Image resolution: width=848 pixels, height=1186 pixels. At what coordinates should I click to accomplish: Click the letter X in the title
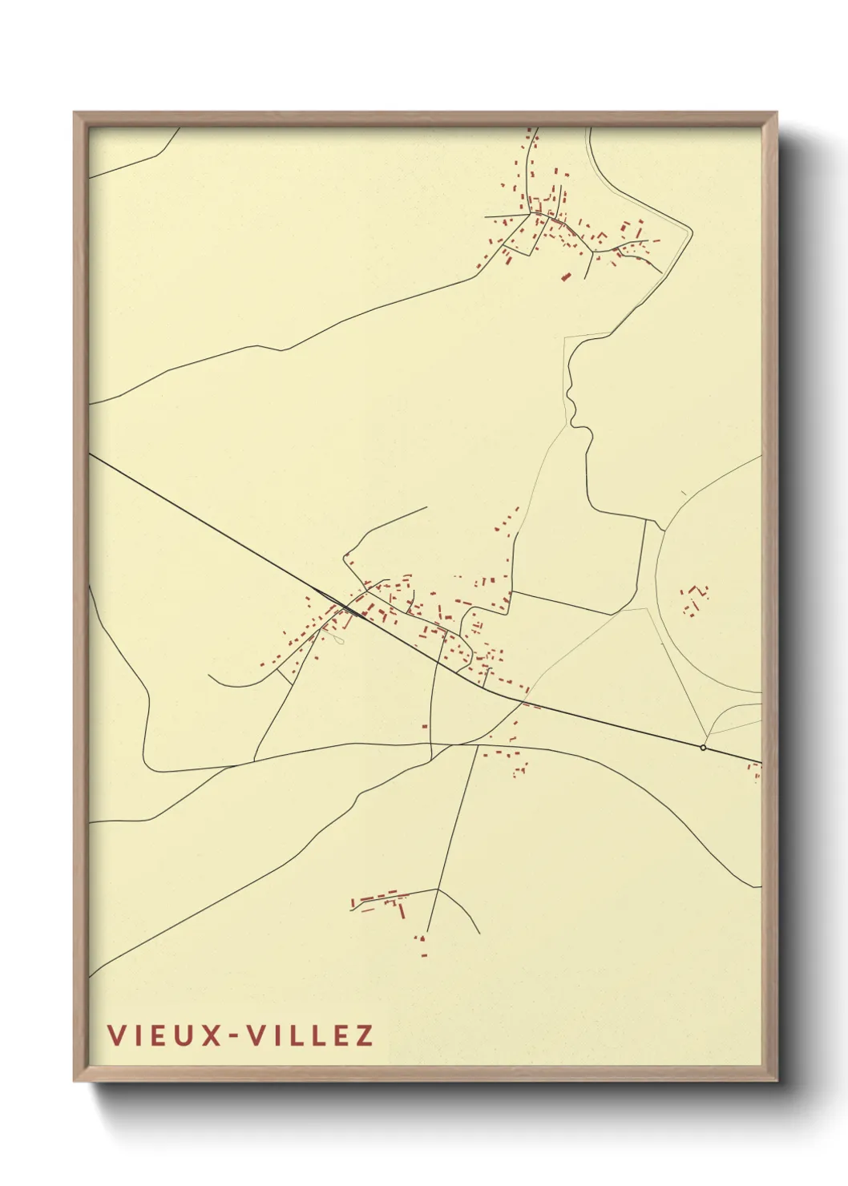pos(210,1035)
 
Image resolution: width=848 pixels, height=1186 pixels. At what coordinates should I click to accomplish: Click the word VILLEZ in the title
pos(309,1035)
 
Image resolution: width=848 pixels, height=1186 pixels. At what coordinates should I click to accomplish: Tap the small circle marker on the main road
pos(703,748)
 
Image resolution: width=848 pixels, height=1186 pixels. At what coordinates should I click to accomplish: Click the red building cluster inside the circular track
pos(693,599)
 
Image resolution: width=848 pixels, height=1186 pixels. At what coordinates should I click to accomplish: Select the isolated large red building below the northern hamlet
pos(566,276)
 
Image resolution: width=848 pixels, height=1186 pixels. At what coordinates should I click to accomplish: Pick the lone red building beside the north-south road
pos(425,727)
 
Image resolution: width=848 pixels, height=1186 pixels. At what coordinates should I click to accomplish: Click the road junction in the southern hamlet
pos(436,889)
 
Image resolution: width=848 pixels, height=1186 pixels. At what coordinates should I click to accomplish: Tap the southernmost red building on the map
pos(424,954)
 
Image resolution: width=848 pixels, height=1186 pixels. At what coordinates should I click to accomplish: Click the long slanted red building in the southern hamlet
pos(402,910)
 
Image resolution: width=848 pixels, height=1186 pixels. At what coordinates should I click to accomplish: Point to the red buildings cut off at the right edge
pos(754,771)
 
